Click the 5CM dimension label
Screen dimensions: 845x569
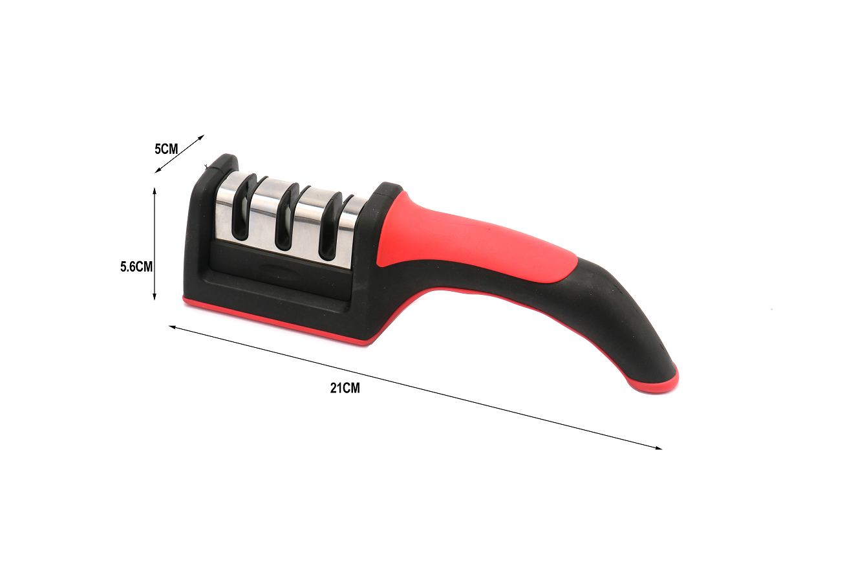point(166,149)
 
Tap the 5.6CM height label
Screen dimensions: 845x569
point(136,267)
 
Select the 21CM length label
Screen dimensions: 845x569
point(345,388)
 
